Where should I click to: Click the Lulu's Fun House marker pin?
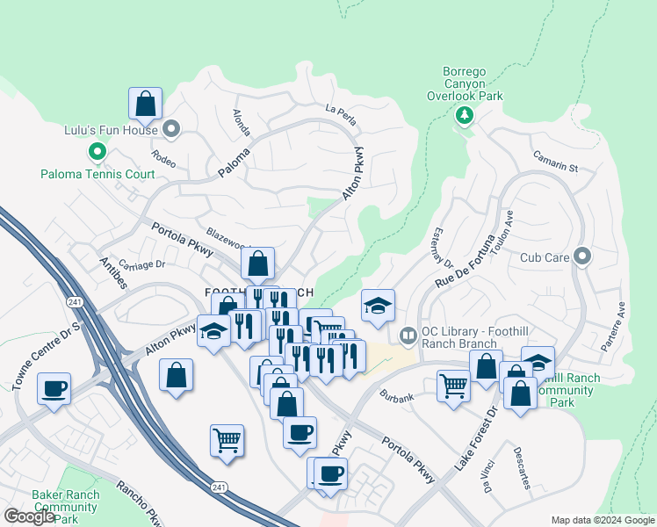[171, 131]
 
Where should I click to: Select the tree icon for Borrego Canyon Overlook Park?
[464, 115]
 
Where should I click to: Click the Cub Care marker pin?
[581, 257]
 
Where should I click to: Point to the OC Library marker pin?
[408, 335]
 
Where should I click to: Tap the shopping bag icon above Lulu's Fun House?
[146, 103]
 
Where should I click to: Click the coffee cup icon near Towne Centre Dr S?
[54, 388]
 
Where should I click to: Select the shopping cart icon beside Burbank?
[453, 386]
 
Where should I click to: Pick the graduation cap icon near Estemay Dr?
[379, 306]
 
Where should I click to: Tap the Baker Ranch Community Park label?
[65, 507]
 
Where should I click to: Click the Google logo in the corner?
[29, 516]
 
